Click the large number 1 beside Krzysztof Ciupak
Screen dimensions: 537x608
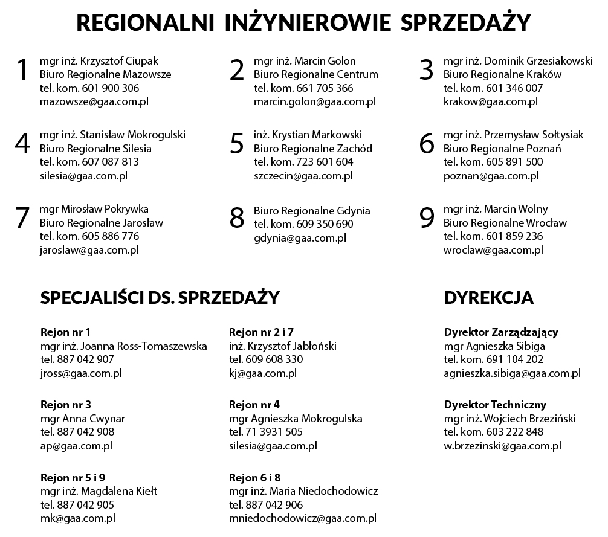tap(22, 70)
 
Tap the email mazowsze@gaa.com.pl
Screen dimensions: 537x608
tap(94, 101)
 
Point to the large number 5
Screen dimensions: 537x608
tap(237, 144)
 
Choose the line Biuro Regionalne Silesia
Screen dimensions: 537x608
tap(95, 149)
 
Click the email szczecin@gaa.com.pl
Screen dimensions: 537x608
tap(303, 176)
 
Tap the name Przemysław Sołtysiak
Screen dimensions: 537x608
tap(534, 135)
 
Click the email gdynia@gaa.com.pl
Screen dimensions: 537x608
tap(300, 238)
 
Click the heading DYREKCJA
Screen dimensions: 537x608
tap(488, 298)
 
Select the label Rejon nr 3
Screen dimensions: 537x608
tap(65, 404)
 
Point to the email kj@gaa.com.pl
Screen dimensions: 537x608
tap(262, 373)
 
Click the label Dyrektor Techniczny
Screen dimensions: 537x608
tap(495, 404)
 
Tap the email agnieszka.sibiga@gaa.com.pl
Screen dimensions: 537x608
tap(512, 373)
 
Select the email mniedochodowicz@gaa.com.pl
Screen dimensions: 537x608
tap(303, 518)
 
